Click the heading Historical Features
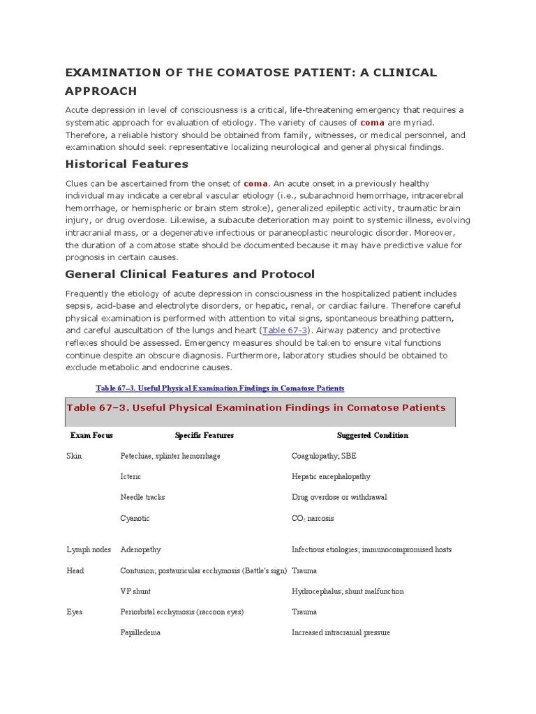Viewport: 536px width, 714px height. [126, 165]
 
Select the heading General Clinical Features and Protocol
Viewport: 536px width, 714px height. [190, 274]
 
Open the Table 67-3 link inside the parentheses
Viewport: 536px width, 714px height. [285, 330]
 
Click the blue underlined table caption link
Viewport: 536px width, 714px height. [219, 388]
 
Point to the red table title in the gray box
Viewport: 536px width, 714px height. [255, 408]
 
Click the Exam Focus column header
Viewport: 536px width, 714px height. [91, 435]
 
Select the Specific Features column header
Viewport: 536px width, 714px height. [204, 435]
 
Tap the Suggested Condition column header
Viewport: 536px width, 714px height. [372, 435]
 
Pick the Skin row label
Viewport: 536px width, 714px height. [74, 456]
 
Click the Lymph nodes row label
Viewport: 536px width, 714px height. [89, 549]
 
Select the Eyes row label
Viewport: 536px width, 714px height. [75, 612]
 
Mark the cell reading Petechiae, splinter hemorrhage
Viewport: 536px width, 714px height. [170, 456]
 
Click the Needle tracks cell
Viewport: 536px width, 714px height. [142, 497]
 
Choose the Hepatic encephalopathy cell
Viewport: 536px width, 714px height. [331, 477]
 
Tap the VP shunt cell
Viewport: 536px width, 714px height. [135, 591]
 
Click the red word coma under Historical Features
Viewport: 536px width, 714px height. [255, 183]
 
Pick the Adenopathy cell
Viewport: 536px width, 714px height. [140, 549]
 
